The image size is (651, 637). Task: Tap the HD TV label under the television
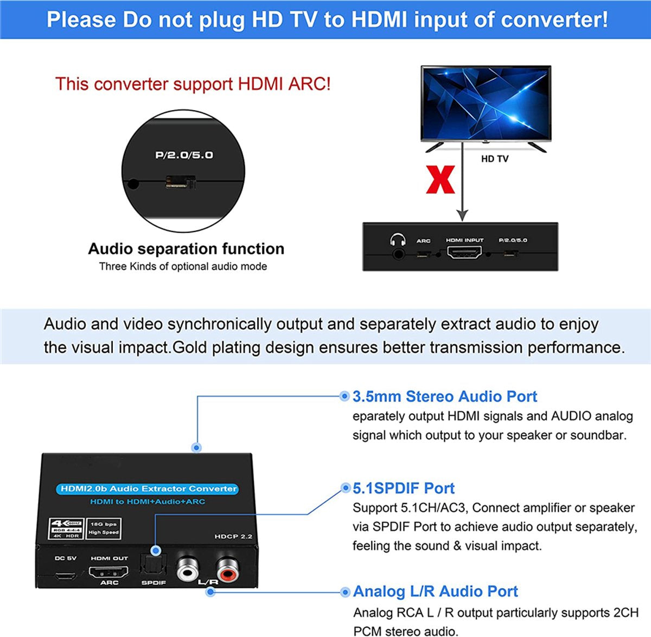[x=494, y=159]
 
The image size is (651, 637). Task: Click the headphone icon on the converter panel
[x=398, y=240]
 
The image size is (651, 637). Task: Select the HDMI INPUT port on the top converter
[x=464, y=252]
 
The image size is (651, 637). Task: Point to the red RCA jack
[x=226, y=569]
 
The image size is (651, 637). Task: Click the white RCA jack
[x=187, y=569]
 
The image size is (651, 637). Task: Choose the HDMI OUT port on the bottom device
[x=108, y=572]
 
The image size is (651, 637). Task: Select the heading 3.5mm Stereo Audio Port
[x=444, y=397]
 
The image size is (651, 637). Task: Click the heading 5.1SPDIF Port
[x=403, y=488]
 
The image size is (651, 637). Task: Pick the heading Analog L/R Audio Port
[x=435, y=591]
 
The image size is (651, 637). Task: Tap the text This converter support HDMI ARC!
[x=193, y=84]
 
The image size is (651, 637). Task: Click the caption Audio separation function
[x=186, y=249]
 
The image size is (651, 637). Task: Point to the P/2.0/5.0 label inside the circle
[x=184, y=155]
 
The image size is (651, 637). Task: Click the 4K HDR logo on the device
[x=66, y=528]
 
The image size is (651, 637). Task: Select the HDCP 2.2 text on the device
[x=233, y=536]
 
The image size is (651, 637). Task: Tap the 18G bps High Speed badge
[x=104, y=528]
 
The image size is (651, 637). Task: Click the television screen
[x=486, y=103]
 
